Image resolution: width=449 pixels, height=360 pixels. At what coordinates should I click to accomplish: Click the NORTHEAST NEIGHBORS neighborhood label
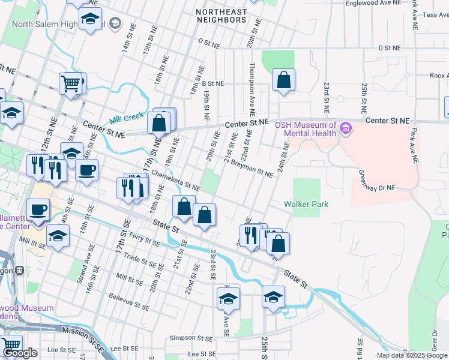[x=221, y=16]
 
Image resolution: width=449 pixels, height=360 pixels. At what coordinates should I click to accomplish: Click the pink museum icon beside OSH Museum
[x=345, y=128]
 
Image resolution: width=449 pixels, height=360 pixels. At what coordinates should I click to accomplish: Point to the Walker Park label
[x=306, y=204]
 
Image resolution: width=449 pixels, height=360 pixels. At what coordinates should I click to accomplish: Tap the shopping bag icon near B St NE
[x=283, y=79]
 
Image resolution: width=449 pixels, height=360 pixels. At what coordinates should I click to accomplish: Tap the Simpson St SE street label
[x=191, y=338]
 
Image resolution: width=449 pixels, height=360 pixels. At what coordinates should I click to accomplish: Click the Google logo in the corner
[x=20, y=353]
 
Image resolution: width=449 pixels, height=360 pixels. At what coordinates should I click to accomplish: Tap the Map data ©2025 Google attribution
[x=412, y=355]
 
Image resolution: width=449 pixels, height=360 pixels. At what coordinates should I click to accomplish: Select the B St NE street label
[x=212, y=84]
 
